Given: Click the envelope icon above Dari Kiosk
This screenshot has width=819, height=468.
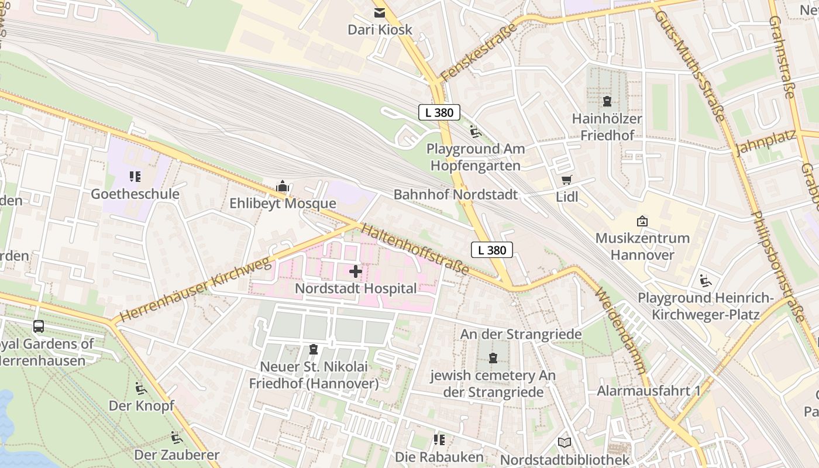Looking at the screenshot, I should tap(380, 13).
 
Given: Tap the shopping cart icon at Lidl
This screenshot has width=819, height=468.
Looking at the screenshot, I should tap(566, 180).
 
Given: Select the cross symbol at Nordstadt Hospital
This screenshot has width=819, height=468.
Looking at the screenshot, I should tap(356, 271).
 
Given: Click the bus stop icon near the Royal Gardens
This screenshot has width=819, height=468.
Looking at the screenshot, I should tap(39, 326).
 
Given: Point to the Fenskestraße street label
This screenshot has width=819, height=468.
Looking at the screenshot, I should tap(479, 53).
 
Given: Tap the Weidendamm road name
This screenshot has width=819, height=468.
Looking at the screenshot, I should tap(621, 331).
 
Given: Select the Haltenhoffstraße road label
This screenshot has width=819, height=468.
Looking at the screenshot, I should tap(415, 249).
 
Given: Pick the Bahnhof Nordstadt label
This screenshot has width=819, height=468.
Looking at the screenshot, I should tap(456, 194).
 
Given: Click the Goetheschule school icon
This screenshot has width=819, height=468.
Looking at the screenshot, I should tap(135, 176).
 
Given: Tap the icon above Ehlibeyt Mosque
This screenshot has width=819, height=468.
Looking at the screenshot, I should tap(283, 187).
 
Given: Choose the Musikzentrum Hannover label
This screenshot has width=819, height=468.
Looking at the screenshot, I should tap(642, 246).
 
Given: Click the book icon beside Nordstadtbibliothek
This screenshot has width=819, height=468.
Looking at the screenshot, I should tap(564, 443).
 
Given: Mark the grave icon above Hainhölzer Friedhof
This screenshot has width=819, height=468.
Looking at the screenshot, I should tap(607, 101).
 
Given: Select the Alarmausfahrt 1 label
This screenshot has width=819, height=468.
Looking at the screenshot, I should tap(648, 390).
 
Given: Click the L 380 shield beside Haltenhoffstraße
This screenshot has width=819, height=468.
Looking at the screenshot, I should tap(492, 250).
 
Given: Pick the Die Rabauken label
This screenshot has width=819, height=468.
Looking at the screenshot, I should tap(439, 456).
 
